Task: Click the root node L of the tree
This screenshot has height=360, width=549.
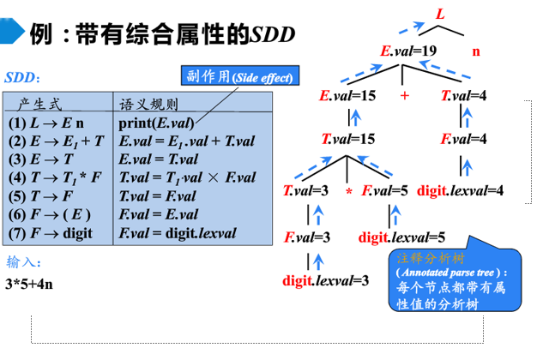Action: pos(440,15)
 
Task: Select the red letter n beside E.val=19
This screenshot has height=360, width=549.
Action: pos(476,51)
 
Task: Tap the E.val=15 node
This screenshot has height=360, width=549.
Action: pos(347,95)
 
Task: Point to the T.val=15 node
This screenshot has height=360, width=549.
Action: pos(349,138)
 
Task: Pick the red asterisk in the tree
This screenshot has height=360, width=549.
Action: pos(350,190)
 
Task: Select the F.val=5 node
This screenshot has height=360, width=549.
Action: pos(385,189)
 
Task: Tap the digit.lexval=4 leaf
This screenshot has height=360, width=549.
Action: pos(461,189)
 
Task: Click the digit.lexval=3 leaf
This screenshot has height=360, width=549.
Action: pos(326,279)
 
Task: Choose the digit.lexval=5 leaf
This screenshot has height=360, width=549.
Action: pos(401,237)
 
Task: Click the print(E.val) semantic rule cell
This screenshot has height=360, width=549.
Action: pos(156,123)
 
